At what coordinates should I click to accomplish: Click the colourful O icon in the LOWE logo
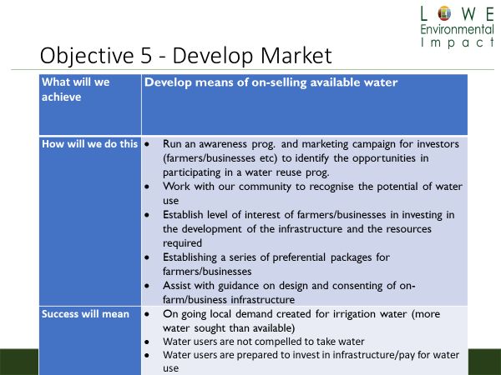pos(444,13)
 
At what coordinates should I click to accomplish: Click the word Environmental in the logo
pos(458,29)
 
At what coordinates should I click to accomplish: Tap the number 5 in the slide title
pos(145,56)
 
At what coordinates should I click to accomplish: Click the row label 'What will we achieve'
pos(76,90)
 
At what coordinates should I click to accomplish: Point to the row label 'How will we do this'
pos(89,144)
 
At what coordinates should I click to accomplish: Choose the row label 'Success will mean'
pos(85,314)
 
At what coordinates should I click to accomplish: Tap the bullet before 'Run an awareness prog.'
pos(147,144)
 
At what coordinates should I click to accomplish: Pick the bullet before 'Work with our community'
pos(147,187)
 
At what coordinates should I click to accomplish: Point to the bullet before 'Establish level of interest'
pos(147,215)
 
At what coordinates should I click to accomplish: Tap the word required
pos(182,243)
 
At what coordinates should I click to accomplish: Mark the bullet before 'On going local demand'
pos(147,314)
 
